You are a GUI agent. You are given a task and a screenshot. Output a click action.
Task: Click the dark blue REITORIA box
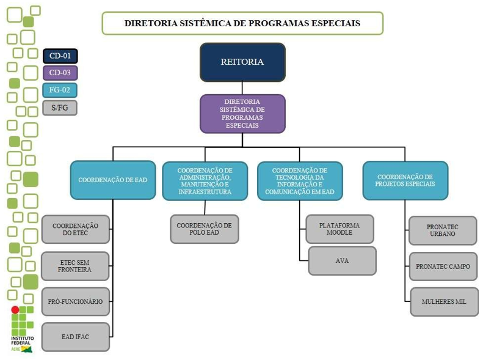(242, 62)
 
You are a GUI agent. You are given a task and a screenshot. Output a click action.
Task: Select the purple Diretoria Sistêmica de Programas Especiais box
(242, 114)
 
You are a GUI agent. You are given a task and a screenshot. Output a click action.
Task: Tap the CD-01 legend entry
(60, 56)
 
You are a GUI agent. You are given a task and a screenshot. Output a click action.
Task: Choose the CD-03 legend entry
(60, 73)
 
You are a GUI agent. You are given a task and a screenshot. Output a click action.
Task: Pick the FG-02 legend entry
(60, 90)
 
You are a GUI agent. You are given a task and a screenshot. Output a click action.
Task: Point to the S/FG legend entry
(60, 108)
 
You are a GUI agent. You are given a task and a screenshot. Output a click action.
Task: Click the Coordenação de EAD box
(113, 180)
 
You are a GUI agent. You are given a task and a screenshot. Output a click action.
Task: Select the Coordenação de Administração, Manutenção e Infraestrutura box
(205, 181)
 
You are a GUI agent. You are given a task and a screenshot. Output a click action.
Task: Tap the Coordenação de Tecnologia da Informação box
(300, 181)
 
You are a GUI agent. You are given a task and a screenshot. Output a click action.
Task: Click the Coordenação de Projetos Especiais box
(405, 180)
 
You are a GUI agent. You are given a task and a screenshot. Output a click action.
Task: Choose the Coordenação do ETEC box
(76, 230)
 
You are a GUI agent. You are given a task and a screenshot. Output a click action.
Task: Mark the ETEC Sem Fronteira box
(76, 266)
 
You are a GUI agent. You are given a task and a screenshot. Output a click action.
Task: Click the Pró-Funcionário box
(76, 301)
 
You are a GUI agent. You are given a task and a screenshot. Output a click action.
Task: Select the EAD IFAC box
(76, 337)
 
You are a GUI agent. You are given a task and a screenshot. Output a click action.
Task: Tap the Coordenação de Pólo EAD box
(204, 229)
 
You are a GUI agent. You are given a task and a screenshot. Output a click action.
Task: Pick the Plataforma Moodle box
(340, 229)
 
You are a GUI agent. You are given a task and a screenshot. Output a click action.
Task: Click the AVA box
(342, 260)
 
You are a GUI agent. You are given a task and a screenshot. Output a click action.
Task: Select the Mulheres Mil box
(443, 301)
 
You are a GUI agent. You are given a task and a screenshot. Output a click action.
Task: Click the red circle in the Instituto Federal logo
(15, 309)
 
